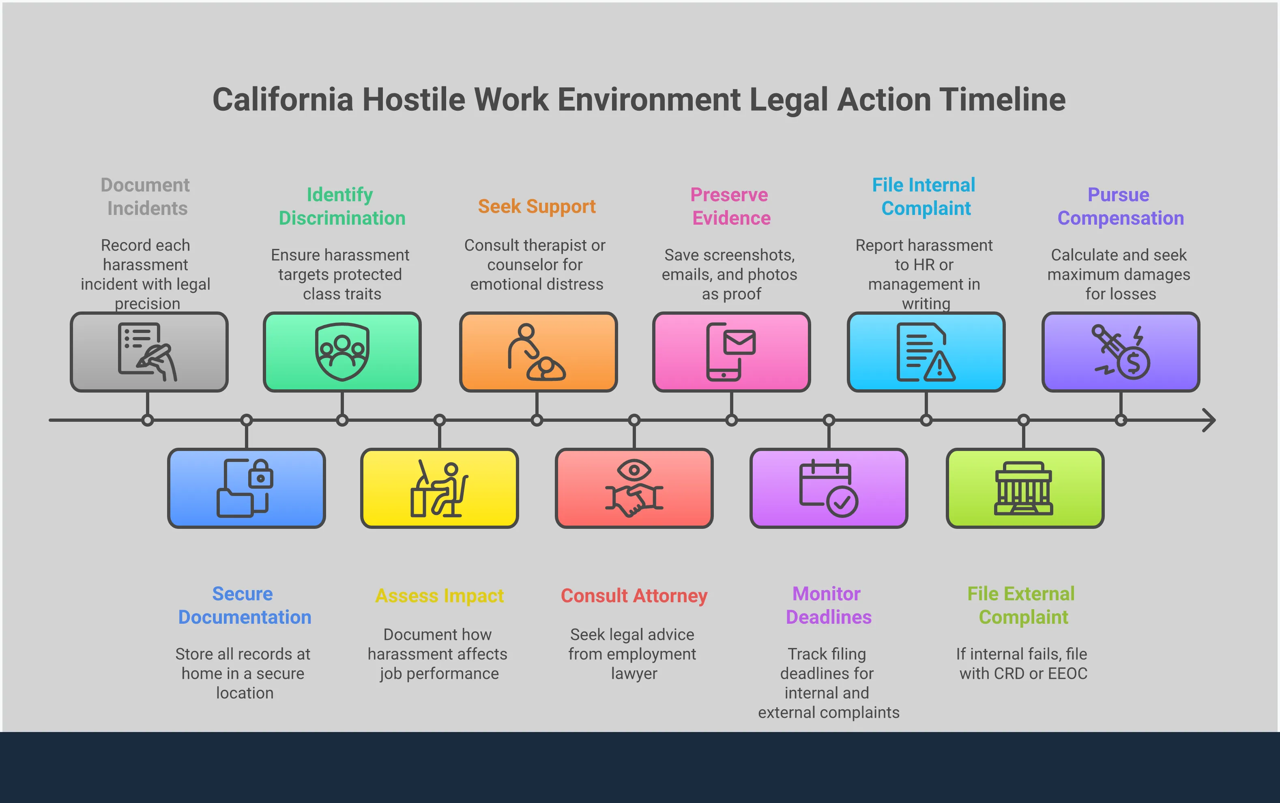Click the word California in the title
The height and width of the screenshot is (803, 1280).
pyautogui.click(x=283, y=100)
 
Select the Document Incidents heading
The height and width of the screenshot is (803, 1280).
pyautogui.click(x=146, y=197)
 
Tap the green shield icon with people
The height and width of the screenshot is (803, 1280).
pyautogui.click(x=342, y=352)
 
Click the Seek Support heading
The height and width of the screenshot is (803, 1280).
pyautogui.click(x=537, y=206)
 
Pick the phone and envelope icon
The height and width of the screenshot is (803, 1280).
pyautogui.click(x=731, y=352)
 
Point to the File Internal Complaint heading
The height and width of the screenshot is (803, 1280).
pyautogui.click(x=924, y=197)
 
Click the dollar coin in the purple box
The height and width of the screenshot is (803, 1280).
pyautogui.click(x=1134, y=364)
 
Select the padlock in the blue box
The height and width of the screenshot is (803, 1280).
pyautogui.click(x=261, y=474)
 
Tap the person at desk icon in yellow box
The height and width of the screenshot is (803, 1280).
pyautogui.click(x=440, y=489)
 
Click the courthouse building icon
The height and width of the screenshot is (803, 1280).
pyautogui.click(x=1023, y=489)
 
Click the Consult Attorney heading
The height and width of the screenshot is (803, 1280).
pyautogui.click(x=634, y=596)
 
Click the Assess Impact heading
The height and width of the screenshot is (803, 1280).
pyautogui.click(x=440, y=596)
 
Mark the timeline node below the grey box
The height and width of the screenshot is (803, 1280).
pyautogui.click(x=148, y=421)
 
